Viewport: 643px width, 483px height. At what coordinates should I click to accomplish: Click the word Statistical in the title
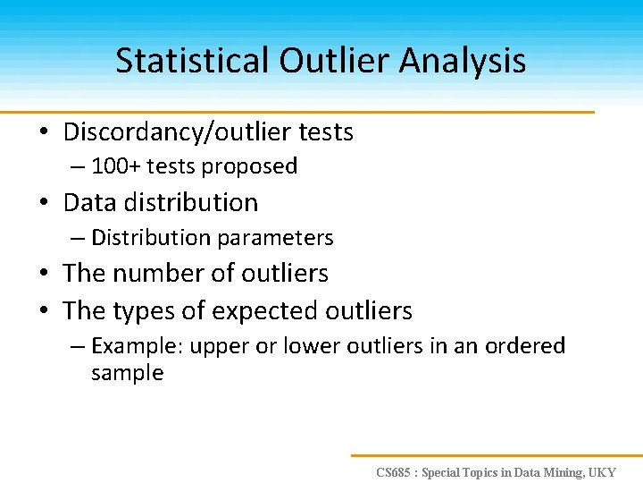click(x=191, y=61)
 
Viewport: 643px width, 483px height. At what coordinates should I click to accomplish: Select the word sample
click(x=127, y=373)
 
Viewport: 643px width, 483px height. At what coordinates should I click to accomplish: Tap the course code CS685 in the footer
click(x=394, y=471)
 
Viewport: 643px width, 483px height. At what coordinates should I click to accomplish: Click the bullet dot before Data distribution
click(x=43, y=204)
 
